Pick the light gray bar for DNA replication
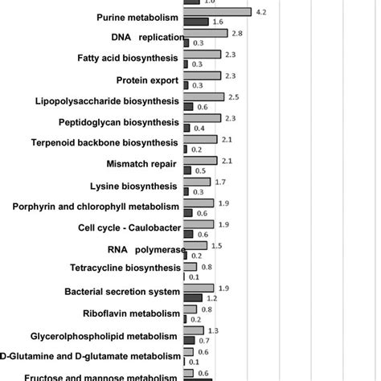(206, 33)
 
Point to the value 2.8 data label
(236, 33)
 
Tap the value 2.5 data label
(234, 97)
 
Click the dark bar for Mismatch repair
(189, 170)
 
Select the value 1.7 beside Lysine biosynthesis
(219, 182)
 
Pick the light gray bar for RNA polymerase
(195, 245)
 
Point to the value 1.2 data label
(224, 297)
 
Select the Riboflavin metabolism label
(130, 313)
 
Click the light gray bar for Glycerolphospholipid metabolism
(193, 330)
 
